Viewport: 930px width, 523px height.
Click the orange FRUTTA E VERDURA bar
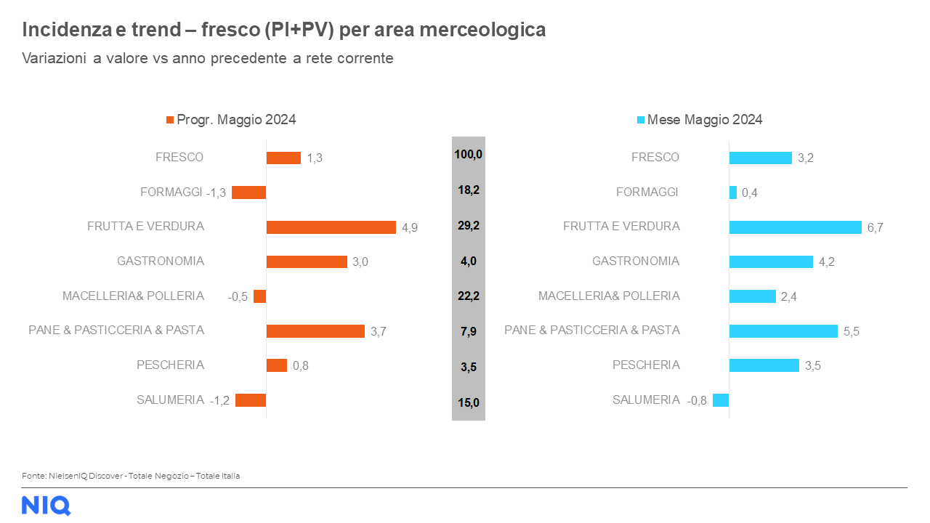tap(331, 227)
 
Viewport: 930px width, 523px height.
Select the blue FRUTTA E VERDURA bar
tap(795, 227)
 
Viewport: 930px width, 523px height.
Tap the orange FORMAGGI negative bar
tap(248, 192)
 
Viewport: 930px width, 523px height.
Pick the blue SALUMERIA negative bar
tap(721, 400)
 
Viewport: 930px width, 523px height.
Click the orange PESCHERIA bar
tap(277, 365)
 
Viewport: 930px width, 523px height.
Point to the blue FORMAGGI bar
tap(733, 192)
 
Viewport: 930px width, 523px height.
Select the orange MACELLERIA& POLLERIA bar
tap(260, 296)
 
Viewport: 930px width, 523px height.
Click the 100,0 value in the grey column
tap(469, 155)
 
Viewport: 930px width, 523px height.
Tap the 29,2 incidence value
tap(469, 226)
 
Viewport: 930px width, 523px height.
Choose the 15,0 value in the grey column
tap(469, 402)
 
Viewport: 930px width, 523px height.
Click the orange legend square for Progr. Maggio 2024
tap(171, 120)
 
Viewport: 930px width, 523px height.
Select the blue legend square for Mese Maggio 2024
tap(641, 120)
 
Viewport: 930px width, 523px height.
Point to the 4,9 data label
tap(410, 227)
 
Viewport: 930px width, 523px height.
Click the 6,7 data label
tap(875, 227)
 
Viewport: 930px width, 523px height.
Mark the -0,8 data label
tap(697, 400)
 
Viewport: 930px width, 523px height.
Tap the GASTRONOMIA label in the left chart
tap(161, 261)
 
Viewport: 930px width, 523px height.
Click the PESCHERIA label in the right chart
tap(646, 365)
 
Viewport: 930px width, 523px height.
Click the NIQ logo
tap(46, 505)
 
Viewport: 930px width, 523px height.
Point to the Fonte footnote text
tap(131, 476)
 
